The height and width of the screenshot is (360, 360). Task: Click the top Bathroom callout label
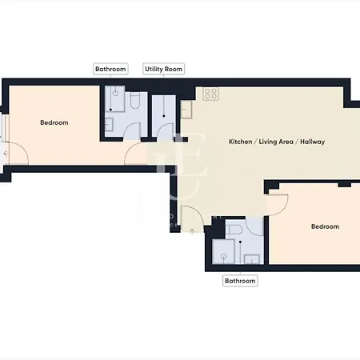click(110, 70)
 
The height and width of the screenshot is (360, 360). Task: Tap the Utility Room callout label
click(163, 70)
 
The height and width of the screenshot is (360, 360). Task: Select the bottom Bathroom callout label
click(240, 281)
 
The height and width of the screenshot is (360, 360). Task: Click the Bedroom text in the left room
click(54, 122)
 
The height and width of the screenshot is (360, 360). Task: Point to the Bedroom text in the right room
click(324, 226)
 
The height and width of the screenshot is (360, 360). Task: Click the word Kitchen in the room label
click(241, 142)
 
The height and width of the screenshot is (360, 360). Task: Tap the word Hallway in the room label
click(313, 142)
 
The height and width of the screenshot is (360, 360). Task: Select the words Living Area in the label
click(275, 142)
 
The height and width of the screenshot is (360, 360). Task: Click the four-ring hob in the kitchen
click(211, 94)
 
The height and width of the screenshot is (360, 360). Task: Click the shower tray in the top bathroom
click(114, 100)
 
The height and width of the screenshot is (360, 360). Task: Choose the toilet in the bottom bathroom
click(233, 230)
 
